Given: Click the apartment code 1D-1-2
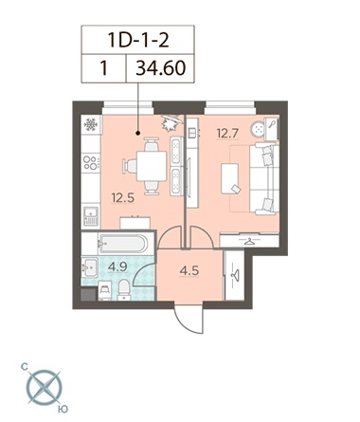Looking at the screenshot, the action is (138, 40).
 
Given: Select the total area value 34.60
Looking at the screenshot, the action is (160, 68).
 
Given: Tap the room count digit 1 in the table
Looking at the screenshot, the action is (103, 68).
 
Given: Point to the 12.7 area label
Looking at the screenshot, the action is (227, 134).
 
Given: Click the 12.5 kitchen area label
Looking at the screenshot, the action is (123, 198).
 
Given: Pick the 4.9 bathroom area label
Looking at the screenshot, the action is (117, 266).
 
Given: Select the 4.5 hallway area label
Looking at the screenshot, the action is (189, 271).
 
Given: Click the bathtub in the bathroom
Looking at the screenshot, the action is (122, 244).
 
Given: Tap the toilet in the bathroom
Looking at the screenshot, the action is (124, 290).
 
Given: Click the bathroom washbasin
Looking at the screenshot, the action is (90, 267).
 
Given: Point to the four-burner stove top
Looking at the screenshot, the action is (91, 162).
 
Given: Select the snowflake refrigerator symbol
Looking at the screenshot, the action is (91, 124).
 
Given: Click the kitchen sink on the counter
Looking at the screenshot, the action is (91, 215).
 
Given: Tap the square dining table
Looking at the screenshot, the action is (152, 166).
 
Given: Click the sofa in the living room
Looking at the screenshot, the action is (264, 178).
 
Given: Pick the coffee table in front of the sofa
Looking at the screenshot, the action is (230, 178).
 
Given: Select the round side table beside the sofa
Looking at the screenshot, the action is (259, 129).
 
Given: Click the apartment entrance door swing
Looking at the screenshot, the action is (189, 320).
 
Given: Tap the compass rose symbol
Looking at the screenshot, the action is (45, 388).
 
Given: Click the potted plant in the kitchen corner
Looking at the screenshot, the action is (171, 122).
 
